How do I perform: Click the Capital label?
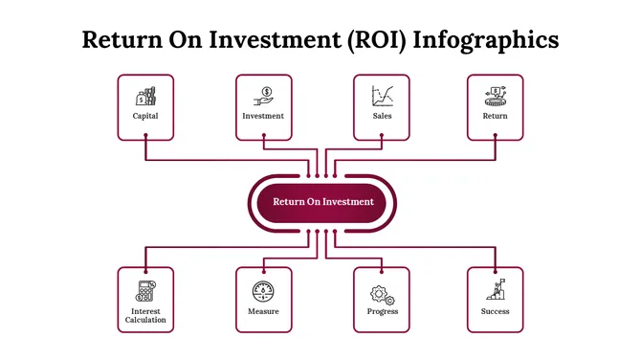(145, 116)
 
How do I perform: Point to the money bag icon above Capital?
(145, 96)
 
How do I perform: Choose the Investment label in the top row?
(263, 116)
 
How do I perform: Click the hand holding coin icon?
(263, 96)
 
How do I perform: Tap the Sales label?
(382, 116)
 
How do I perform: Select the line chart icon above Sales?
(383, 96)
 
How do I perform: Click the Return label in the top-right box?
(495, 116)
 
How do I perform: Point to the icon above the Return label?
(495, 95)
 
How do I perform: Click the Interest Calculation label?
(145, 315)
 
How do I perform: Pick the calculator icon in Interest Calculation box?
(145, 290)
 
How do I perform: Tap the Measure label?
(263, 311)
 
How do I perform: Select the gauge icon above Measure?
(263, 290)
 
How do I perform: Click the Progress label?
(382, 311)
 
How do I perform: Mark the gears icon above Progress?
(382, 290)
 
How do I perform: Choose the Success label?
(495, 311)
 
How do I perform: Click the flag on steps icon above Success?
(496, 289)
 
